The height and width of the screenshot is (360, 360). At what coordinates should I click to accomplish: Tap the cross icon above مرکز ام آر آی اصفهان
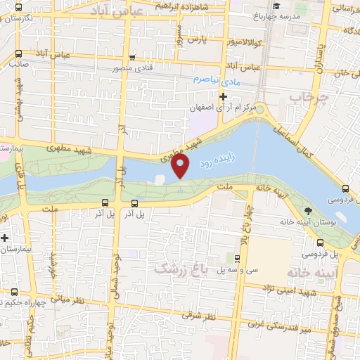pyautogui.click(x=223, y=96)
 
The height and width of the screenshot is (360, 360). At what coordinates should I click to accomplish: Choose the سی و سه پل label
pyautogui.click(x=234, y=269)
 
